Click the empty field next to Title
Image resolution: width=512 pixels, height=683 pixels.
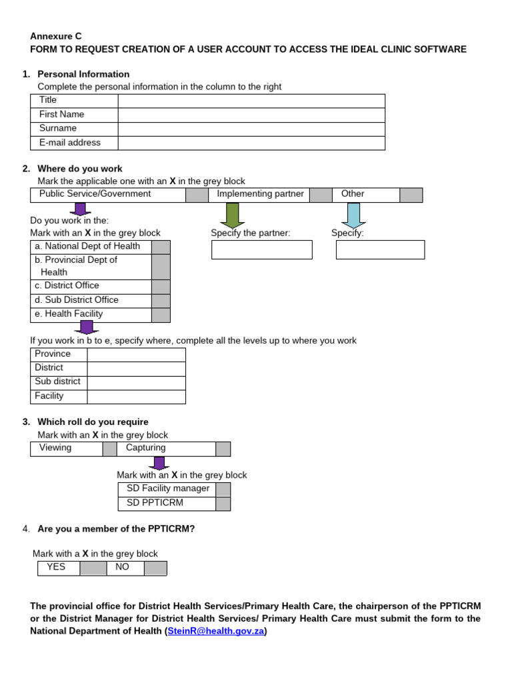tap(251, 101)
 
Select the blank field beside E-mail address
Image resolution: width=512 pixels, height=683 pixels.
tap(251, 143)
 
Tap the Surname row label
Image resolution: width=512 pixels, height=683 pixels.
tap(58, 128)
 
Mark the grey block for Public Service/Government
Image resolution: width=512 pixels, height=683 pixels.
tap(197, 195)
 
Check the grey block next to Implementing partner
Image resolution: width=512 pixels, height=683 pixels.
tap(321, 195)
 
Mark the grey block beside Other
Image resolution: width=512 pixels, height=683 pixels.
tap(411, 195)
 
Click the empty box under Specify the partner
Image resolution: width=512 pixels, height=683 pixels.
tap(261, 249)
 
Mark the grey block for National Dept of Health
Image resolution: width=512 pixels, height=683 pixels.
tap(161, 247)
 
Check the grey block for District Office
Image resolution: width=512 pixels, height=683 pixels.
tap(161, 287)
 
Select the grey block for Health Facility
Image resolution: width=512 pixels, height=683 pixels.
tap(161, 315)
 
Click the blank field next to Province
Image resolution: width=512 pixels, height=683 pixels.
tap(136, 354)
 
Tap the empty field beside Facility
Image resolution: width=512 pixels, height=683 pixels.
tap(136, 397)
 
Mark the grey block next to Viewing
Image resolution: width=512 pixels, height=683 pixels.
tap(109, 449)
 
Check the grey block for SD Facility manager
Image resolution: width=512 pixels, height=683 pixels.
tap(223, 490)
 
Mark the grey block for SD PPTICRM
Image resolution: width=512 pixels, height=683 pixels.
tap(223, 504)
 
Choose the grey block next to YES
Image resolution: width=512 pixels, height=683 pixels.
tap(93, 568)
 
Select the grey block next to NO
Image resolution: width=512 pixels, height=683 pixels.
tap(155, 568)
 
